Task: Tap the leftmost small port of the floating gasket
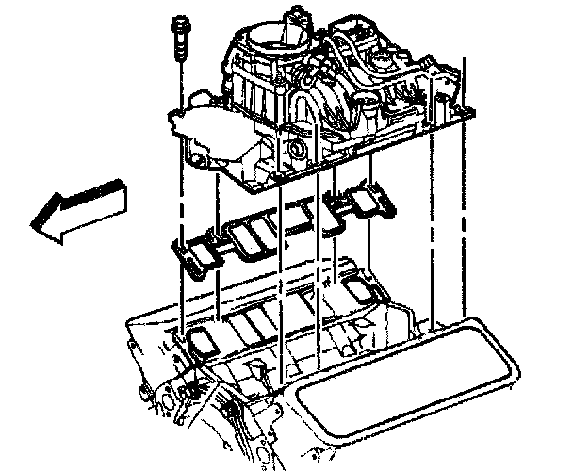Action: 192,255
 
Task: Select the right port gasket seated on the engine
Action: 358,291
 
